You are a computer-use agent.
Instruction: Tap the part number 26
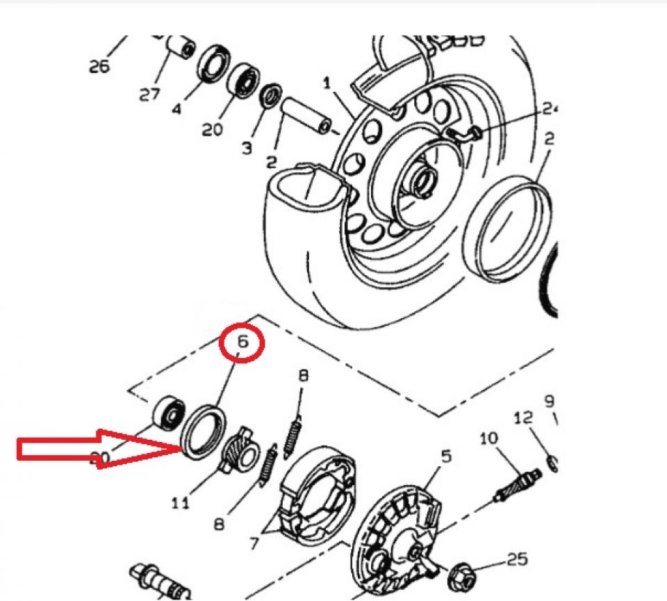[x=99, y=66]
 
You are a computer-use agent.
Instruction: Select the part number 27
[x=149, y=94]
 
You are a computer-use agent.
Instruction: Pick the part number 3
[x=247, y=148]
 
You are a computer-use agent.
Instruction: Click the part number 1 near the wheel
[x=327, y=83]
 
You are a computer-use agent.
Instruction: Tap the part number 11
[x=180, y=502]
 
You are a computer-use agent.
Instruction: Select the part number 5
[x=445, y=456]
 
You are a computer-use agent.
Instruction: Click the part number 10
[x=488, y=438]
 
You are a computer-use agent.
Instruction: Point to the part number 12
[x=523, y=418]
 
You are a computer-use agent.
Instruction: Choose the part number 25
[x=517, y=558]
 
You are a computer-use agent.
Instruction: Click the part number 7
[x=254, y=543]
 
